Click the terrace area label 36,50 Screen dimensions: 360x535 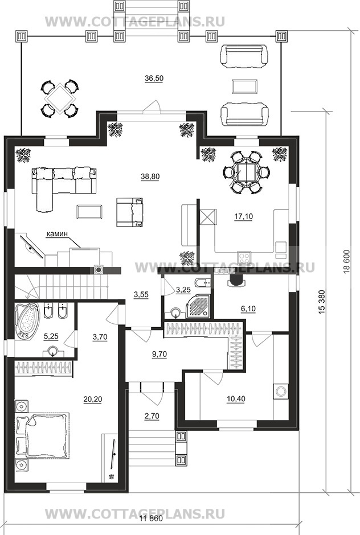[154, 78]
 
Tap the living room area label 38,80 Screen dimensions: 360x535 [150, 176]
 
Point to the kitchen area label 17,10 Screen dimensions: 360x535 [244, 216]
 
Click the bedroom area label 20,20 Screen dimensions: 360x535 [92, 399]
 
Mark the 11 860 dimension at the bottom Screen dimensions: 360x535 [152, 528]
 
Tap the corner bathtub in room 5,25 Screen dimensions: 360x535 [27, 320]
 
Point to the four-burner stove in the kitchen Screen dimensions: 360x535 [244, 256]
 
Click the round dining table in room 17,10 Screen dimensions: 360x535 [246, 172]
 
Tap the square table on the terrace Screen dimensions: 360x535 [60, 99]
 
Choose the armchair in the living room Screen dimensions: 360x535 [130, 212]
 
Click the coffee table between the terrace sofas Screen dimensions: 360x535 [244, 87]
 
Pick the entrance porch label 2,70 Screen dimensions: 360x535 [152, 416]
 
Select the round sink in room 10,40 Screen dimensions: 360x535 [281, 391]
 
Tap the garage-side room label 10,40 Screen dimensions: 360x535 [236, 398]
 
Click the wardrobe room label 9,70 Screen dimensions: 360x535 [159, 354]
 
